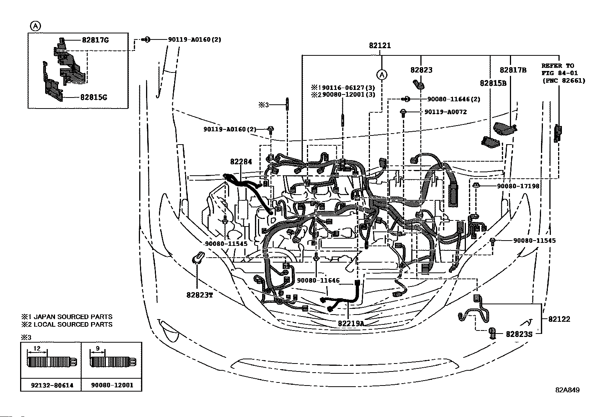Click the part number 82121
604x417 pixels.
[380, 46]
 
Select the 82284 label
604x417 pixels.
[241, 162]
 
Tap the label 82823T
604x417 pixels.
[200, 295]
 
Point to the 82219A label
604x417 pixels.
[351, 323]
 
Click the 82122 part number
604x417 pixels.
[559, 319]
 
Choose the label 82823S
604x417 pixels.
[519, 334]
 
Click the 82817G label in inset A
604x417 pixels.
[95, 40]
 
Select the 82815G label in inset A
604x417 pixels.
[94, 97]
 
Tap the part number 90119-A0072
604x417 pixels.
[445, 112]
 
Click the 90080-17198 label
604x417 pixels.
[518, 186]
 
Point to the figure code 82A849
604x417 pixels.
[567, 390]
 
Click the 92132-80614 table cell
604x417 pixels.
[52, 386]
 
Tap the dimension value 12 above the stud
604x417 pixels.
[37, 348]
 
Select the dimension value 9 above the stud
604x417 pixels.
[98, 348]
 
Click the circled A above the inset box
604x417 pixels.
[35, 26]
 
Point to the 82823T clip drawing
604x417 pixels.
[198, 258]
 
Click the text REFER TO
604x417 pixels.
[558, 66]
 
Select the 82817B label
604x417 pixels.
[513, 70]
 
